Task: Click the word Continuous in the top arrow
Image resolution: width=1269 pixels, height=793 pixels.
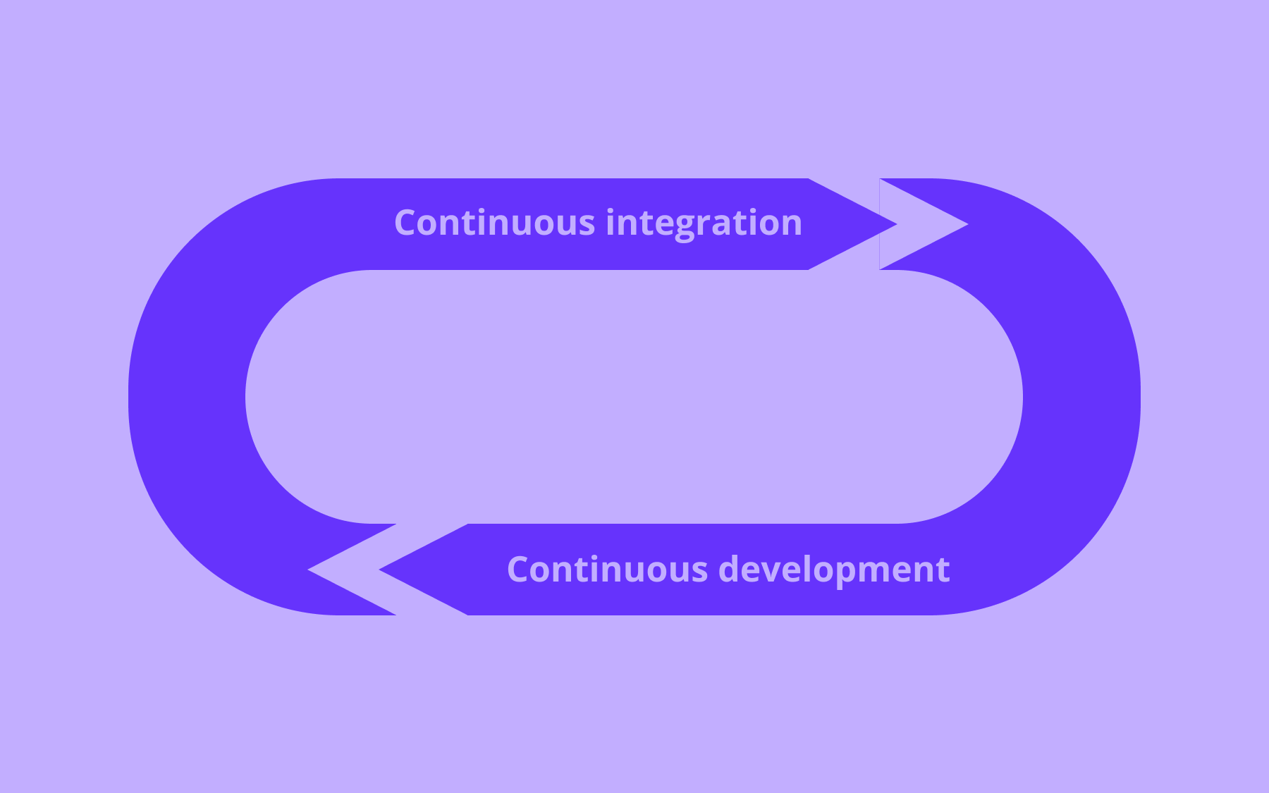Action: (x=495, y=223)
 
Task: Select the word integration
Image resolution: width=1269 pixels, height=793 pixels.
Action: (x=704, y=223)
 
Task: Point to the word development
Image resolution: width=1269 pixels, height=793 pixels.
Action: (x=834, y=570)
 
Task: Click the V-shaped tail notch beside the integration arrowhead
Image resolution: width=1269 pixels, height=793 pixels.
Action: (x=916, y=224)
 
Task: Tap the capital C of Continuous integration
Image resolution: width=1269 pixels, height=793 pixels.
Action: (x=407, y=223)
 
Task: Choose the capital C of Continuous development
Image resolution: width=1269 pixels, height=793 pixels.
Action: (x=520, y=570)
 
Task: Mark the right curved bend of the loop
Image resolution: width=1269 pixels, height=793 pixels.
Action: (x=1082, y=397)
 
